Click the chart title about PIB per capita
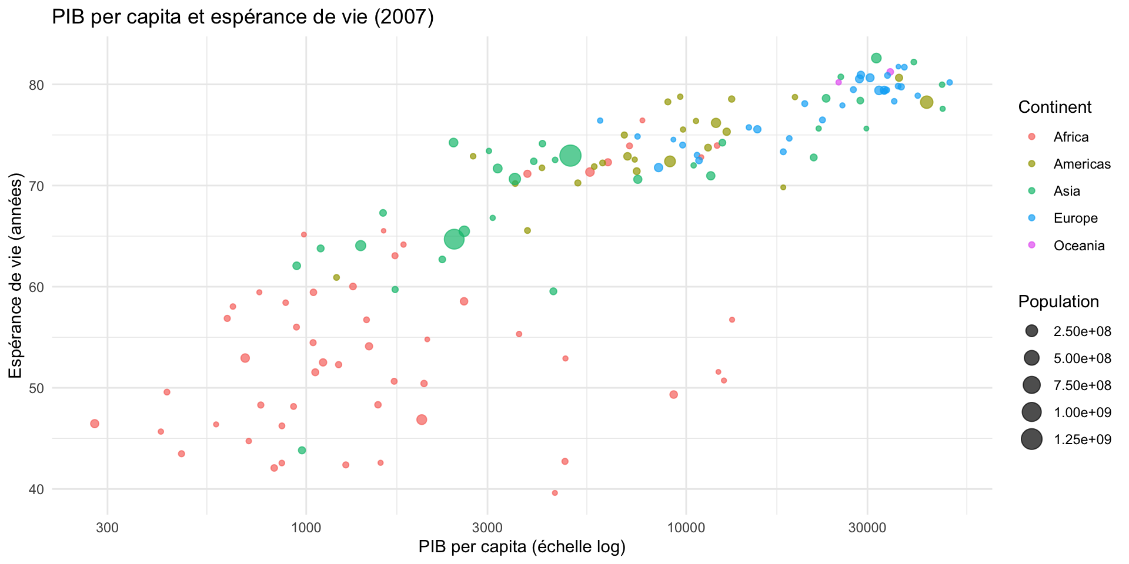[x=242, y=18]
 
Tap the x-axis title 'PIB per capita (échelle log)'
[x=522, y=547]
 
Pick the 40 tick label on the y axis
[x=36, y=489]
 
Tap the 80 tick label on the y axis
[x=36, y=85]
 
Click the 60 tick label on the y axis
[x=36, y=287]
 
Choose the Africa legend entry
[x=1071, y=137]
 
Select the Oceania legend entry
[x=1079, y=246]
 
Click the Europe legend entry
[x=1075, y=218]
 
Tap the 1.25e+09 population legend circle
[x=1031, y=439]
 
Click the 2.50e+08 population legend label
[x=1082, y=331]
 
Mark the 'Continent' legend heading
[x=1055, y=107]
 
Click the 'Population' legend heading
[x=1058, y=301]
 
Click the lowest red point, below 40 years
[x=555, y=493]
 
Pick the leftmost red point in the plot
[x=95, y=424]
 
